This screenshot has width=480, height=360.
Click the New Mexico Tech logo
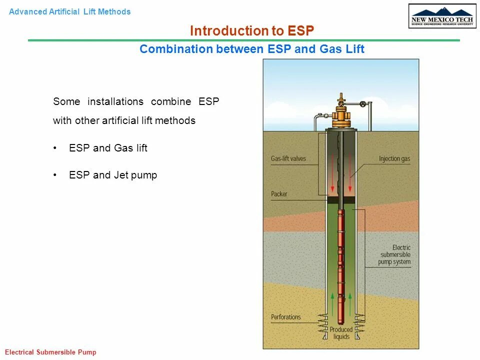(442, 16)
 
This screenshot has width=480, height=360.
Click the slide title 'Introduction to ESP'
(252, 31)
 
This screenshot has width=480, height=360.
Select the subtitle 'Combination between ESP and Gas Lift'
(252, 49)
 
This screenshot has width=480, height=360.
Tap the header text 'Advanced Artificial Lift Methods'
(70, 11)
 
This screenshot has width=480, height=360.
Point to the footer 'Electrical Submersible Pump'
(50, 352)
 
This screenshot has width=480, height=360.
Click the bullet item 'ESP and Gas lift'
(108, 148)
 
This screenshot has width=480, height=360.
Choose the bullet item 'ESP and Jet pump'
(113, 175)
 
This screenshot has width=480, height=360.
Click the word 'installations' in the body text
(115, 101)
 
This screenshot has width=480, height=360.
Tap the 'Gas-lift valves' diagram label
(288, 159)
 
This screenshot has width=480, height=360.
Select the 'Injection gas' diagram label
(394, 159)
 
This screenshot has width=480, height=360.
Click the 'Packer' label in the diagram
(279, 194)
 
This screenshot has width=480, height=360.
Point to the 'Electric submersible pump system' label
(394, 255)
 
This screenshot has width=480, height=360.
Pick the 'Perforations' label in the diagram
(286, 317)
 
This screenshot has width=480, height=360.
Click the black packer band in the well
(341, 200)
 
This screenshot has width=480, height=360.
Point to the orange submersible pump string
(341, 260)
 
